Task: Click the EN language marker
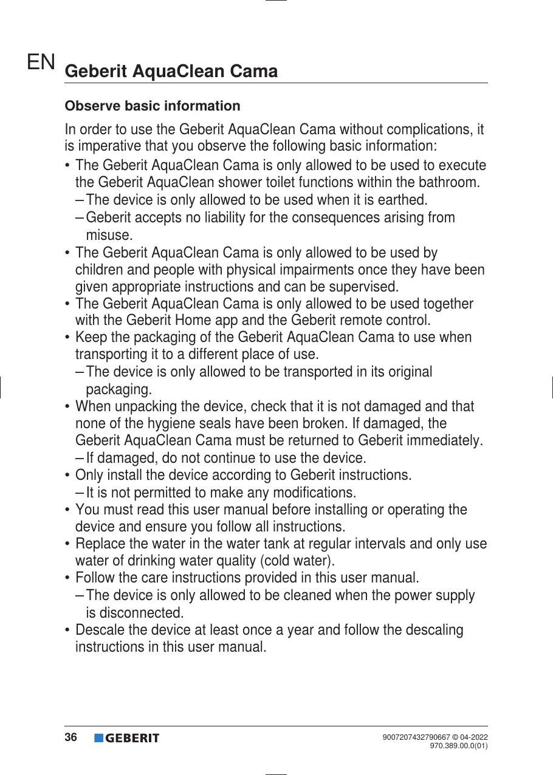41,62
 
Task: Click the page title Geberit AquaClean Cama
171,72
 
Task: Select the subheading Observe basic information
153,106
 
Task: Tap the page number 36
71,737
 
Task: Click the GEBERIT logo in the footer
126,738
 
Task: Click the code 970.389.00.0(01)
459,746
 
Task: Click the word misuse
109,234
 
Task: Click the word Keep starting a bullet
89,338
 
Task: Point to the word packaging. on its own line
119,389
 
